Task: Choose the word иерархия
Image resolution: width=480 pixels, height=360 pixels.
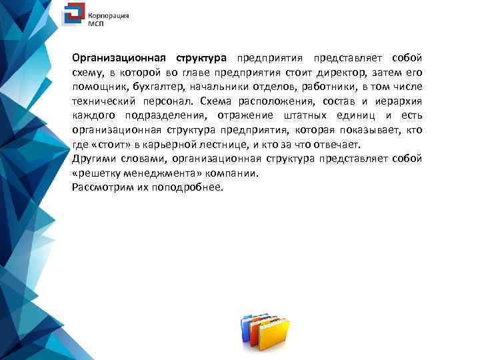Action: [x=397, y=101]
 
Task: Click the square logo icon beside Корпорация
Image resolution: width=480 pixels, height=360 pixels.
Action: [x=73, y=16]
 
